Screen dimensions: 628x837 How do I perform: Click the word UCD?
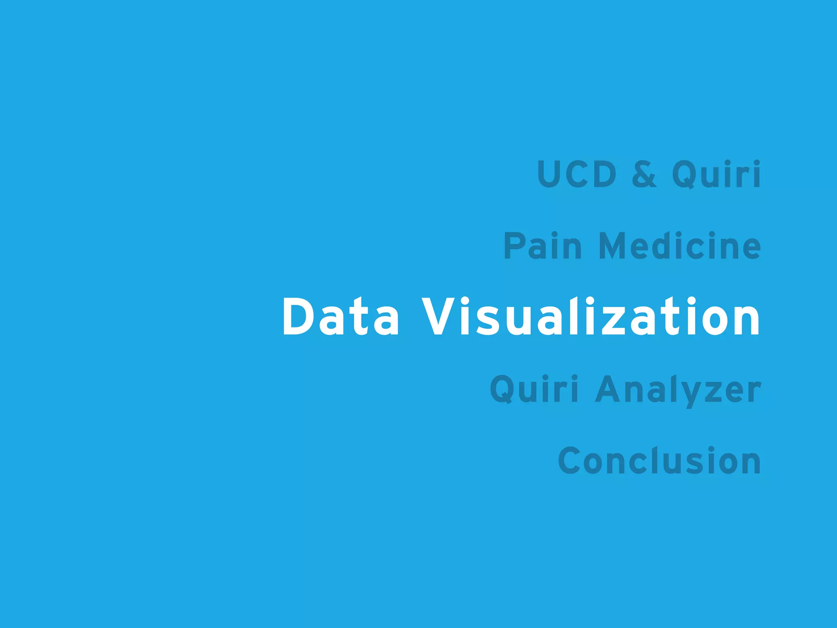[577, 174]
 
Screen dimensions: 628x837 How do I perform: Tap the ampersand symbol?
[644, 174]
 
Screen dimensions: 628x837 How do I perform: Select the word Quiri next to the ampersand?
[716, 174]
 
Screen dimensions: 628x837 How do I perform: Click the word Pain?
[542, 246]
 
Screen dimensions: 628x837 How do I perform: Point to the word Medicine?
[680, 246]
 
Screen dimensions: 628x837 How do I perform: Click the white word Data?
[340, 317]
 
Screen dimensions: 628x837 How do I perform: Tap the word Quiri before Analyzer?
[534, 389]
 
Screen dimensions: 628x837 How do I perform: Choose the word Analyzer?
[678, 390]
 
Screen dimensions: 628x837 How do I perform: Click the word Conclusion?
[659, 461]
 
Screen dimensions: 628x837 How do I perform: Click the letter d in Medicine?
[666, 246]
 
